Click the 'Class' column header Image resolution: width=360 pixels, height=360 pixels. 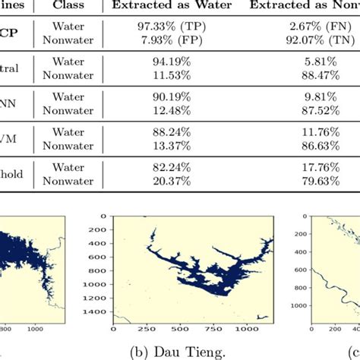point(70,6)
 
